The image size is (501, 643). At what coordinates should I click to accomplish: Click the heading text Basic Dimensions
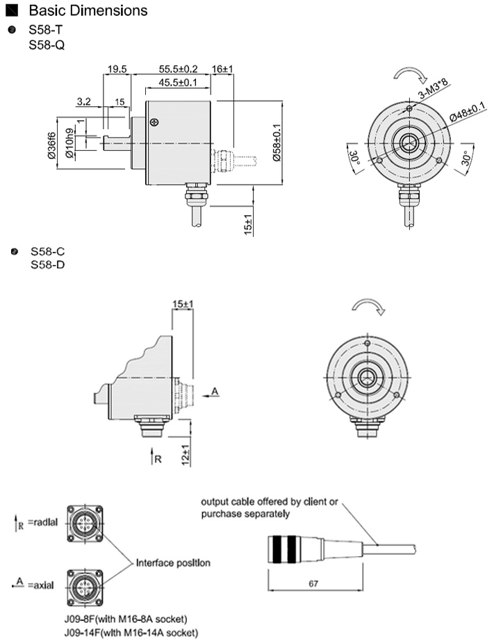pos(88,11)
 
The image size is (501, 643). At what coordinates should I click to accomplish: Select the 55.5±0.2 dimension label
pos(178,69)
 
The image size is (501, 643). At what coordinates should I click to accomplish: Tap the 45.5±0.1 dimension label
pos(178,82)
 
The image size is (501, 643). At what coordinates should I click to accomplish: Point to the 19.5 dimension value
pos(117,69)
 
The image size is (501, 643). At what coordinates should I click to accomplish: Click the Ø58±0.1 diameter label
pos(276,143)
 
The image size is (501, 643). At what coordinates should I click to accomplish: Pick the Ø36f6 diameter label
pos(52,145)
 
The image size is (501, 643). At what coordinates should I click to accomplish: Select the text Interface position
pos(173,562)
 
